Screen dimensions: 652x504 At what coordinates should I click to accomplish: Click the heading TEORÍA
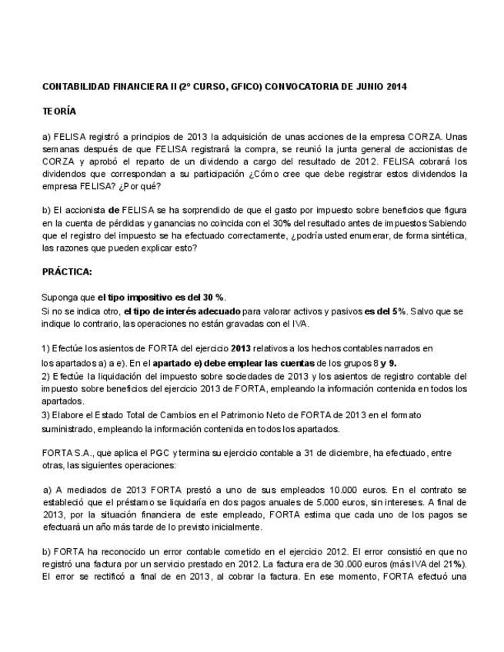[59, 111]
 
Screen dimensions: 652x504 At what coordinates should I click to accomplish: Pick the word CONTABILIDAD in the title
[75, 87]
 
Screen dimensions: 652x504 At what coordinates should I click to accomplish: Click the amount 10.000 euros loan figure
[337, 489]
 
